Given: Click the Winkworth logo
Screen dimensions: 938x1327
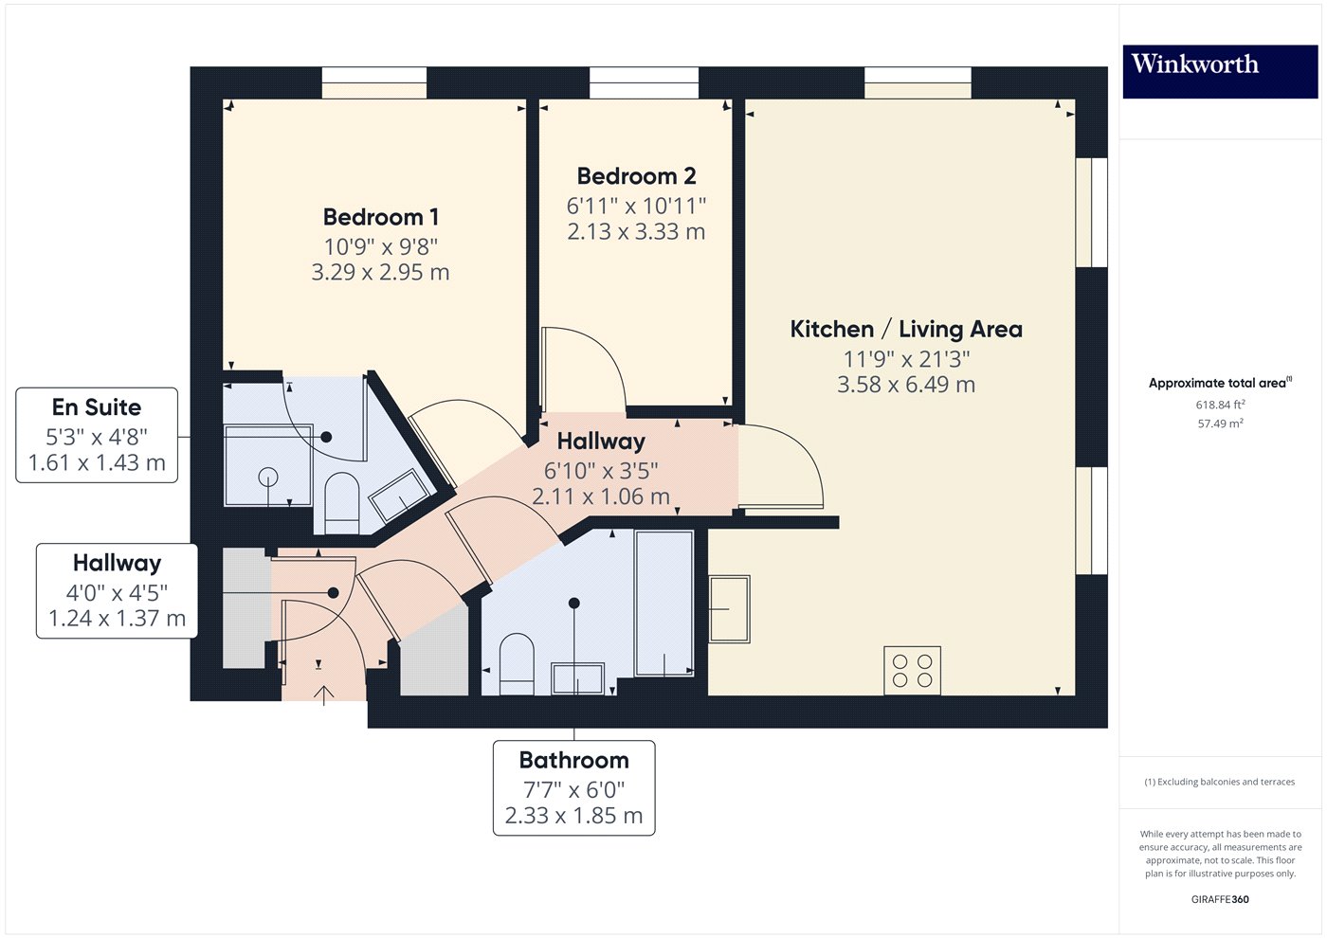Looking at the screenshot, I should [1219, 71].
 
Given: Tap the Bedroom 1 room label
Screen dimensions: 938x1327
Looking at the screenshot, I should [380, 217].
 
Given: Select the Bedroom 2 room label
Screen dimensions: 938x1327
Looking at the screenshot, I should [636, 176].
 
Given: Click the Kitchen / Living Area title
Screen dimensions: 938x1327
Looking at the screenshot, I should [906, 330].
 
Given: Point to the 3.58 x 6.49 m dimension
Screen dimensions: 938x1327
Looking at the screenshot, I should [906, 385].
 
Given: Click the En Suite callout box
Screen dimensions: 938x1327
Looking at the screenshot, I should [97, 435].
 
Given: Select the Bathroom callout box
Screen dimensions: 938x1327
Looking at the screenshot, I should [573, 787].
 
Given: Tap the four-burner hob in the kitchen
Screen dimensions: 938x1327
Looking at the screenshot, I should [912, 670].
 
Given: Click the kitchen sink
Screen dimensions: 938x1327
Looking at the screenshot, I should [729, 608].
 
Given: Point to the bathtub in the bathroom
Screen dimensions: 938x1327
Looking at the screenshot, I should [664, 604].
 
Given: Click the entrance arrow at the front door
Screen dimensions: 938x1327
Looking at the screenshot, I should [324, 694].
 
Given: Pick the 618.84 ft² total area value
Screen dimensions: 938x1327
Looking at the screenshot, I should [1220, 405].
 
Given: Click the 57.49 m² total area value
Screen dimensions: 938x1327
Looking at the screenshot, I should [1220, 424].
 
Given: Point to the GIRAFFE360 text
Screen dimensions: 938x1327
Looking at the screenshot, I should [1220, 899].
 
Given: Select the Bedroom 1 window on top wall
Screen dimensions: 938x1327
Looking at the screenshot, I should [373, 82].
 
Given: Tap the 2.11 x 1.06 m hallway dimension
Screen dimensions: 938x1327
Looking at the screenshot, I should [601, 496].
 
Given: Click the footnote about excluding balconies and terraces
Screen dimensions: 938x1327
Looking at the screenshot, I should [1219, 782].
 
